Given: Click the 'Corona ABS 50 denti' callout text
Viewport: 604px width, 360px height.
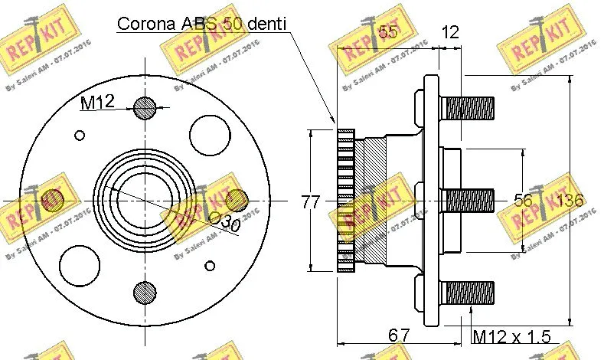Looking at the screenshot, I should [201, 23].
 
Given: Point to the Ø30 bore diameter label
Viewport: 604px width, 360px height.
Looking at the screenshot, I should [224, 222].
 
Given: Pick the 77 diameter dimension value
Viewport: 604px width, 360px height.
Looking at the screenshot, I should [310, 202].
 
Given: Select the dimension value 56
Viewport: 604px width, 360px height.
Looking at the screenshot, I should [523, 201].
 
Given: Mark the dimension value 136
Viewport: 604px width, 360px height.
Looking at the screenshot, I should [570, 201].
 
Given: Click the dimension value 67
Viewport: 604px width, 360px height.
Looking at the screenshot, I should [398, 335].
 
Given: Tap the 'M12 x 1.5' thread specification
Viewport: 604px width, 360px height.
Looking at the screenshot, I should [511, 335].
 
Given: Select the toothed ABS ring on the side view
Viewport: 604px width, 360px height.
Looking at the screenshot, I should [346, 201].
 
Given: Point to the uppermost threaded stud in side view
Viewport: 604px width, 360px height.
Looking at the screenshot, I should [469, 107].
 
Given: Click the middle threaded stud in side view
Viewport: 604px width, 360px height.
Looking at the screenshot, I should [469, 201].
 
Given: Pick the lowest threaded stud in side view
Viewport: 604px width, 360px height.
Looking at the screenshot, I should [469, 292].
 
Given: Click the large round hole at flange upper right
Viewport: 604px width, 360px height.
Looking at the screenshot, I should [210, 136].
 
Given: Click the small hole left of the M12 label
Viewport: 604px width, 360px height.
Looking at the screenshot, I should [80, 136].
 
